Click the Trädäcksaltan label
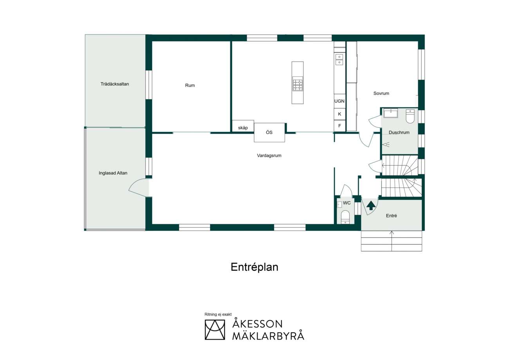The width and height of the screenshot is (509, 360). coord(115,84)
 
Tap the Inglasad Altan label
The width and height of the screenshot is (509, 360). coord(113,173)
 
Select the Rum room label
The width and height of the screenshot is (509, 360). coord(190,85)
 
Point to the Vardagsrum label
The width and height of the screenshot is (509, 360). coord(269,156)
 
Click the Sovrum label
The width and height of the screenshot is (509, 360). coord(381,93)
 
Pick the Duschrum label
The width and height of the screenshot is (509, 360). coord(399,132)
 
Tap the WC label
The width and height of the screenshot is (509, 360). coord(347,203)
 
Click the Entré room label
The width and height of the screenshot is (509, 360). coord(392,216)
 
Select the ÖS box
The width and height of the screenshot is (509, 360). coord(269,132)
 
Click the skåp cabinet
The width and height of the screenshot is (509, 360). coord(243,126)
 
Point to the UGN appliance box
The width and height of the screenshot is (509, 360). coord(339,101)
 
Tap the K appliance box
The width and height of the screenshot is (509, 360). coord(339,114)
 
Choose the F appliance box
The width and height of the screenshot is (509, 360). coord(339,126)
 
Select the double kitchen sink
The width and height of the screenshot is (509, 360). coord(339,60)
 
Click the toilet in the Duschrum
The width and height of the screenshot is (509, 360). coord(410,116)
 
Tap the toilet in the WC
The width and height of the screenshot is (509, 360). coord(345,217)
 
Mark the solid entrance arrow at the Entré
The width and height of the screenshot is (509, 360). coord(371,205)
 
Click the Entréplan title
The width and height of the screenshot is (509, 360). coord(254,267)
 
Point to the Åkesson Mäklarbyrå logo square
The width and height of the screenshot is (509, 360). coord(215,330)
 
